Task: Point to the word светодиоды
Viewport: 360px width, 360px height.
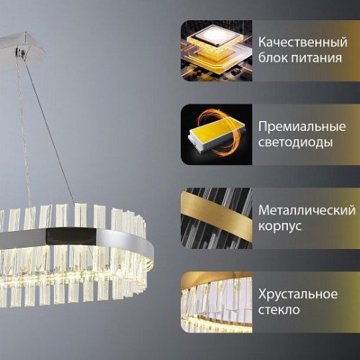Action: tap(296, 142)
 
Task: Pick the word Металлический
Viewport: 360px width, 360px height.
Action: tap(306, 210)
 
